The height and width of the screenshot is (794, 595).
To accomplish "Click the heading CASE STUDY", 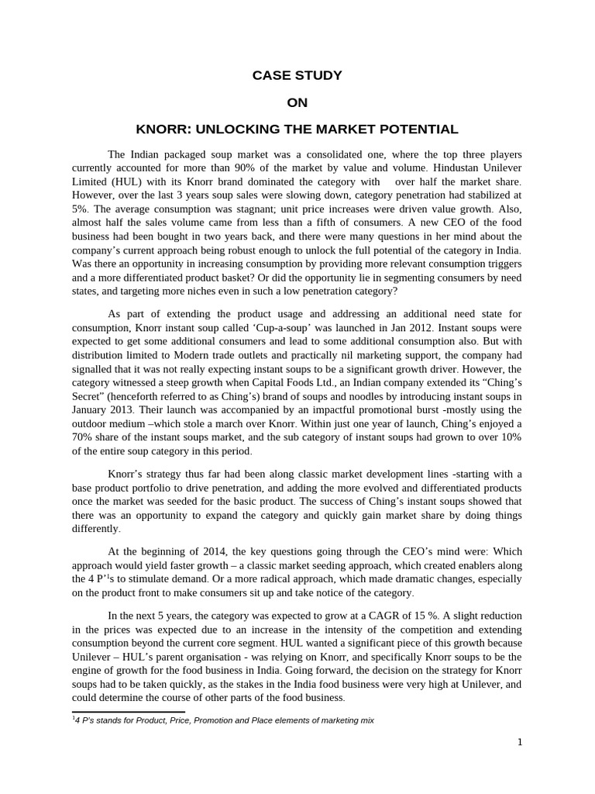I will (x=297, y=75).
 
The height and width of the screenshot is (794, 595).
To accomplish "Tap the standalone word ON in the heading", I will (x=297, y=102).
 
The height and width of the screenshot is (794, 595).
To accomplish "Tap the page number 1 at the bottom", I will (x=520, y=742).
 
